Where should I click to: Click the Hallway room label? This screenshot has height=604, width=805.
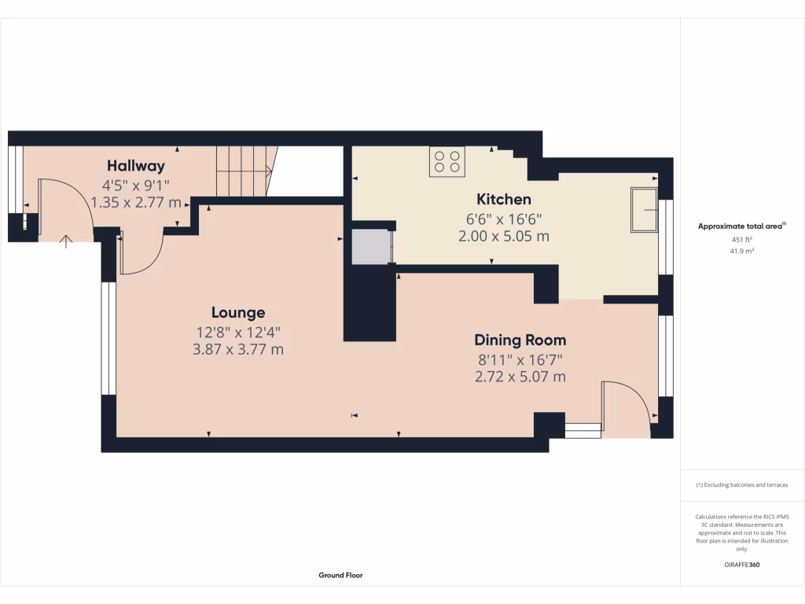[136, 166]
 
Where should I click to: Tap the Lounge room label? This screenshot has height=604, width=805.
[237, 312]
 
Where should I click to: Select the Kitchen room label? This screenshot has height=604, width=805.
[503, 199]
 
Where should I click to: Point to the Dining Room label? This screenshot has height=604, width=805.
[520, 341]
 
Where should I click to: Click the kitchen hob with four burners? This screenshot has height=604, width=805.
[447, 161]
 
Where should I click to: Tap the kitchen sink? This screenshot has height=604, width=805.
[644, 210]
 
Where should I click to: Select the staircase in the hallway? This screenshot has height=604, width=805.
[244, 171]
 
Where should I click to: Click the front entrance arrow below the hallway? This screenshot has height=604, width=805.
[65, 241]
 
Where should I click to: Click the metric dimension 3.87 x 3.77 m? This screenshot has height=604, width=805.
[237, 349]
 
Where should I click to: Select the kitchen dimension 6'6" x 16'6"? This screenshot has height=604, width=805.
[503, 219]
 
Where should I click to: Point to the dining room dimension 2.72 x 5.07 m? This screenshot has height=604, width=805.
[520, 377]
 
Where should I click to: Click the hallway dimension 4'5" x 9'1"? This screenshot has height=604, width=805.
[136, 186]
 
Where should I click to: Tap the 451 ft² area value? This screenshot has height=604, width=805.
[742, 240]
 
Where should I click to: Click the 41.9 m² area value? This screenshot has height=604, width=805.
[742, 251]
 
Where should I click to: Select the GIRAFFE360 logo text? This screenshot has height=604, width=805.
[742, 565]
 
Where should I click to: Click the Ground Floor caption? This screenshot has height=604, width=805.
[340, 575]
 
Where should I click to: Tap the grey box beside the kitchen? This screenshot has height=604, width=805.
[369, 247]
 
